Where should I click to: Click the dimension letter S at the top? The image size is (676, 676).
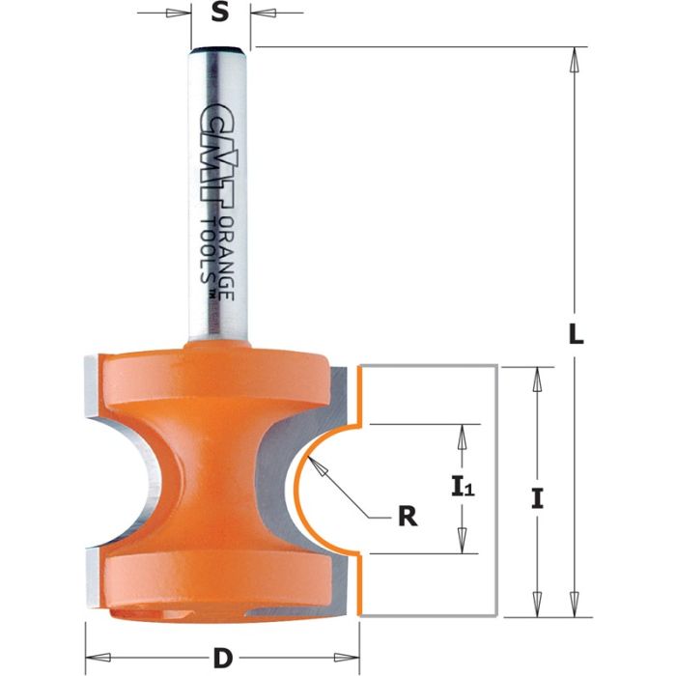click(x=219, y=14)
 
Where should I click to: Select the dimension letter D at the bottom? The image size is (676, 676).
click(x=223, y=659)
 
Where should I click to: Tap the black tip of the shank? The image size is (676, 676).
click(x=219, y=46)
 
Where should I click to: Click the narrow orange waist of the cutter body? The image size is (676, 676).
click(x=220, y=473)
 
